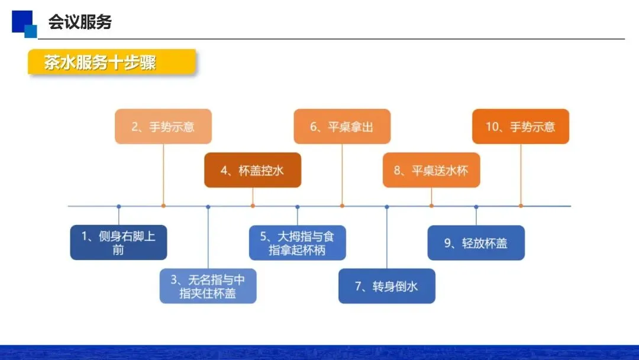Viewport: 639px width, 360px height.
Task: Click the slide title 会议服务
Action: pyautogui.click(x=80, y=22)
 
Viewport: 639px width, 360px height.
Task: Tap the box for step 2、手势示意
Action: pyautogui.click(x=163, y=126)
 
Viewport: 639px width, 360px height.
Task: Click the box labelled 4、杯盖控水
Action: pyautogui.click(x=253, y=171)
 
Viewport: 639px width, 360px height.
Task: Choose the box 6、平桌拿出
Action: pyautogui.click(x=342, y=126)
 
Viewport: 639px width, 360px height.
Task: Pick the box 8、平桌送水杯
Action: pyautogui.click(x=431, y=171)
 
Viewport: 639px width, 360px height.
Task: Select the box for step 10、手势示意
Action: pyautogui.click(x=521, y=126)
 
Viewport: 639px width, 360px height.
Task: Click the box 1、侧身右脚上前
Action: pyautogui.click(x=118, y=242)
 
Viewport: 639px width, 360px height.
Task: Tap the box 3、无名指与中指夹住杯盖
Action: pyautogui.click(x=208, y=286)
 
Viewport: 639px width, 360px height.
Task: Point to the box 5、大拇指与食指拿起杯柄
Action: pyautogui.click(x=297, y=242)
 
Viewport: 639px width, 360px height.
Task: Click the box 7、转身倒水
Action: pyautogui.click(x=387, y=286)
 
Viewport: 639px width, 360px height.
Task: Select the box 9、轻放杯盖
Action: pyautogui.click(x=476, y=242)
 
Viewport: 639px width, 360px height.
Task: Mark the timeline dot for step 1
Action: pyautogui.click(x=118, y=206)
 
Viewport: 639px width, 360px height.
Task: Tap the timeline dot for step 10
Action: pyautogui.click(x=521, y=206)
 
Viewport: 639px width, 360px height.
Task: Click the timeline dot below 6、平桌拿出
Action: pyautogui.click(x=342, y=206)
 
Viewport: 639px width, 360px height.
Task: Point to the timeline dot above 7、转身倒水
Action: pyautogui.click(x=387, y=206)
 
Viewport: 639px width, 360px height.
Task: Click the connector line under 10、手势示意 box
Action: pyautogui.click(x=521, y=175)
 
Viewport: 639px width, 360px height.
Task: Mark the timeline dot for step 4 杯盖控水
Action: pyautogui.click(x=253, y=206)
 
